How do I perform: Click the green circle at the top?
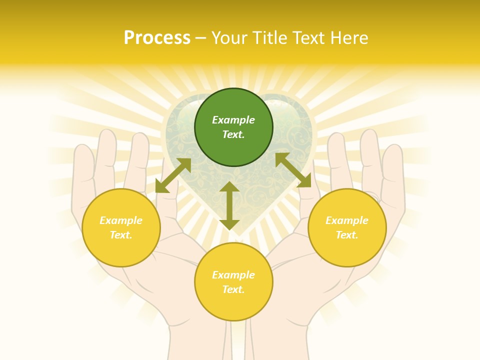point(233,127)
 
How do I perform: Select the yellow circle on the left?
point(121,227)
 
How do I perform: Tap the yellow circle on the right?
point(347,227)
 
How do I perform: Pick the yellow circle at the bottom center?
point(233,282)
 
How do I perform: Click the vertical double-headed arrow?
point(229,205)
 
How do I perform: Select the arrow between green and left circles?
point(173,175)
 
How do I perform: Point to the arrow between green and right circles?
point(293,170)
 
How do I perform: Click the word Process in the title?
point(157,37)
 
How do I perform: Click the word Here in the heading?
point(348,37)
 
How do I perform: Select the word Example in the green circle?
point(233,120)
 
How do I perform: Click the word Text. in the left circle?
point(121,235)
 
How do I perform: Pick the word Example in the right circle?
point(347,220)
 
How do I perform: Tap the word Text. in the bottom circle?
point(233,289)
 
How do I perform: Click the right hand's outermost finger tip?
point(393,149)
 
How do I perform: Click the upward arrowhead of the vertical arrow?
point(229,186)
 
